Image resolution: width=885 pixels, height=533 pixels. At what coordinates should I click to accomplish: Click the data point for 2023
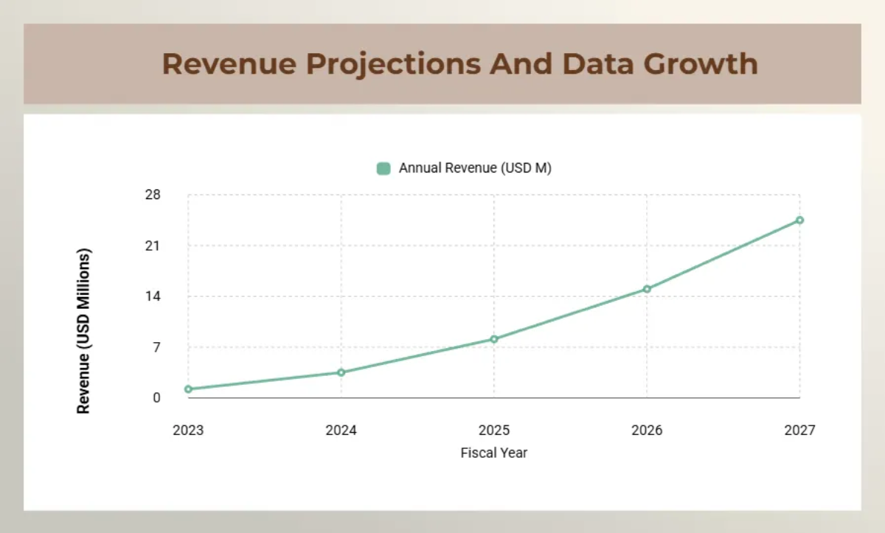pos(188,389)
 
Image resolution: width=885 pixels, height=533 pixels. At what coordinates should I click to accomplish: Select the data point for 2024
pos(341,372)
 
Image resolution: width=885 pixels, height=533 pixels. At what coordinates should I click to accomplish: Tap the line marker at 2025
pos(494,339)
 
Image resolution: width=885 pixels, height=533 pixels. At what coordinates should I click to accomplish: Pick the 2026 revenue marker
pos(647,289)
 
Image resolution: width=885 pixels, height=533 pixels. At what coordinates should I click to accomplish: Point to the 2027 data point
pos(799,220)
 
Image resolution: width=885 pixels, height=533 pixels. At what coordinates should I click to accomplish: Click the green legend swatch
pos(383,168)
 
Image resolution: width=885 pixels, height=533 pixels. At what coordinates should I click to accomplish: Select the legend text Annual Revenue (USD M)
pos(475,168)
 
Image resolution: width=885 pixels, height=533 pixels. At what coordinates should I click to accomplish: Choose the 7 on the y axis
pos(156,347)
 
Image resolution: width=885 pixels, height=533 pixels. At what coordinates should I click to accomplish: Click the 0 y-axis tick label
pos(156,398)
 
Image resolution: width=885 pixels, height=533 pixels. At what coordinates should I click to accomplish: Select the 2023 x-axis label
pos(188,430)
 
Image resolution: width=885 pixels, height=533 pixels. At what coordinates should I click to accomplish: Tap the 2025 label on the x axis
pos(494,430)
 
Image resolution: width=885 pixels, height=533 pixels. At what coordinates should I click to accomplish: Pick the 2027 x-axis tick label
pos(799,430)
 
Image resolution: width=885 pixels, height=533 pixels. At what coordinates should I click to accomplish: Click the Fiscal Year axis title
pos(494,453)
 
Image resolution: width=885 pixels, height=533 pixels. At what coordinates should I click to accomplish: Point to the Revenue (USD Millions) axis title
pos(84,330)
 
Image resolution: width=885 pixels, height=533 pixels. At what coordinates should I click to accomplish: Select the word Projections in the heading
pos(393,64)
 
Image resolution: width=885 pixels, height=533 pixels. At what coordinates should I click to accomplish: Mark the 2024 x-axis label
pos(341,430)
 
